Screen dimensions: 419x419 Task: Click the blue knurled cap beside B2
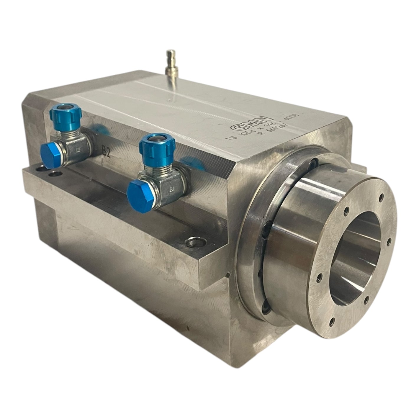click(66, 114)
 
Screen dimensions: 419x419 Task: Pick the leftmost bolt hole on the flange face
click(319, 278)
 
